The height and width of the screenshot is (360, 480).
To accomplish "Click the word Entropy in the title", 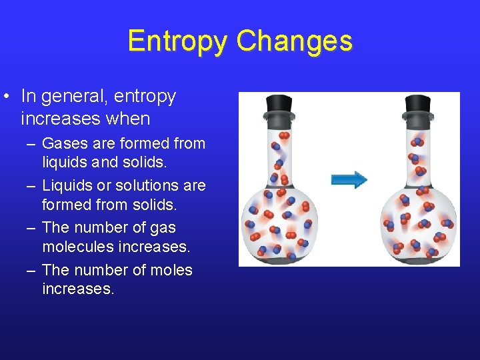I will point(178,41).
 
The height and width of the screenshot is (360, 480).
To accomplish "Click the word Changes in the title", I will point(294,41).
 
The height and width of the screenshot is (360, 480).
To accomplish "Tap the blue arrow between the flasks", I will point(349,179).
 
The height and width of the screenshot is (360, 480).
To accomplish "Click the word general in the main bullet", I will point(75,97).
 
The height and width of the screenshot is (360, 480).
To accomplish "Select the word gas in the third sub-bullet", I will point(163,227).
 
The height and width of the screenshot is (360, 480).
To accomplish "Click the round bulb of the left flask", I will point(279,223).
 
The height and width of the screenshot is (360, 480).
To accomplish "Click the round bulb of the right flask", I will point(418,223).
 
